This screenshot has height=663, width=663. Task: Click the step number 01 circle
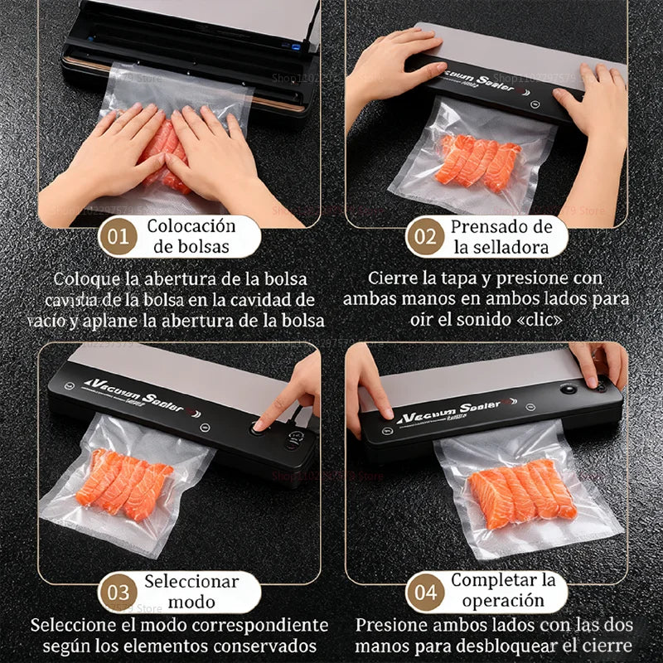(x=119, y=236)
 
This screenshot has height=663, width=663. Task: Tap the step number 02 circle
(x=425, y=236)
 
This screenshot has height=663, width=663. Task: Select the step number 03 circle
(x=119, y=593)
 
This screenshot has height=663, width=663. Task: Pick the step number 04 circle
(x=425, y=593)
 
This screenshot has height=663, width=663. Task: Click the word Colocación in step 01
(x=191, y=225)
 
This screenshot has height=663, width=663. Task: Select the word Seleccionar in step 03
(x=191, y=582)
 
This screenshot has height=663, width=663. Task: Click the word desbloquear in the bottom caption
(x=515, y=646)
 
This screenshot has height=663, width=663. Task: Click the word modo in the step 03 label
(x=191, y=603)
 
